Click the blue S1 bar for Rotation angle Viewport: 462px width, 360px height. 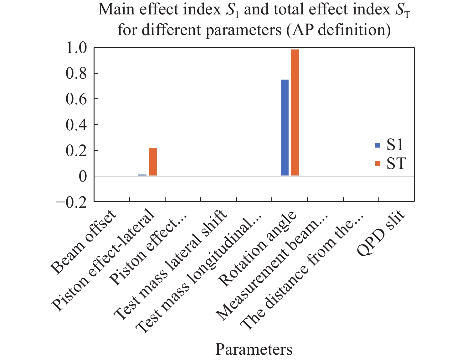[285, 128]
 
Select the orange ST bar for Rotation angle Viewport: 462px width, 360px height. [295, 113]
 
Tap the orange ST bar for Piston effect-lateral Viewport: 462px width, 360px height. [153, 162]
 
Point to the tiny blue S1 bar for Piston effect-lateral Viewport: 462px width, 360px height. [142, 175]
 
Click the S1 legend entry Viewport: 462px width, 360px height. [390, 145]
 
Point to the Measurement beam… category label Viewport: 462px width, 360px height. [272, 268]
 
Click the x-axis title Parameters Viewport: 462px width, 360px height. [254, 349]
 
